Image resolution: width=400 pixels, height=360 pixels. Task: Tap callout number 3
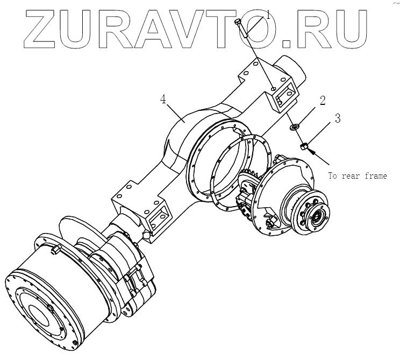[x=338, y=119]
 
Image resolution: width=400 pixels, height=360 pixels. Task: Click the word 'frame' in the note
[x=374, y=176]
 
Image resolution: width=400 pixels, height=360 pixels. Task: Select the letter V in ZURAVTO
[x=198, y=27]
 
